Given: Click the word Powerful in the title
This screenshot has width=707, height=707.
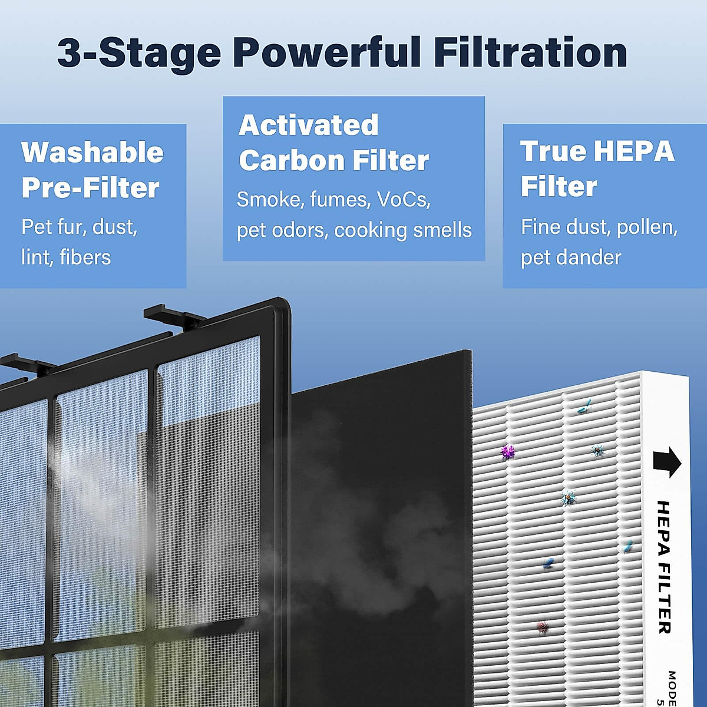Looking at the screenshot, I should (x=327, y=52).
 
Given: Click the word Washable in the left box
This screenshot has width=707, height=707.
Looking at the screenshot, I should (x=92, y=153).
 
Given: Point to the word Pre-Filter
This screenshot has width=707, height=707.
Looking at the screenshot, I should (x=90, y=188).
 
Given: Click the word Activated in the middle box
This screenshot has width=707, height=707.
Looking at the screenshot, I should (x=308, y=125).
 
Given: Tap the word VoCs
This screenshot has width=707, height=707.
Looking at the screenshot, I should (x=404, y=200).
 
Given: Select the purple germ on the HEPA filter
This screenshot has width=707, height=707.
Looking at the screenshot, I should (x=507, y=452).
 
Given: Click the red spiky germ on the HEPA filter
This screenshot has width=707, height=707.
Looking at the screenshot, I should (x=542, y=626).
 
